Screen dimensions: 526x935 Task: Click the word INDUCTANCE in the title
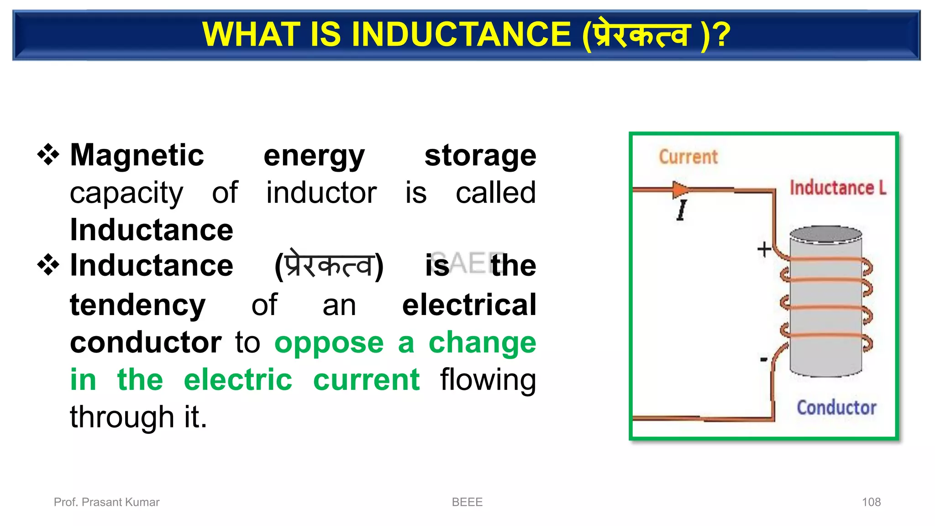[x=461, y=35]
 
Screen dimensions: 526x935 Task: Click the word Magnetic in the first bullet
[x=137, y=155]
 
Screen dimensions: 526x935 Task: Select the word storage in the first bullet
[x=480, y=155]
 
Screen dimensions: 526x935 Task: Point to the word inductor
[x=321, y=193]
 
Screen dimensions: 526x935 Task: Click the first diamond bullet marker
[x=48, y=154]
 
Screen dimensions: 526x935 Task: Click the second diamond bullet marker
[x=48, y=265]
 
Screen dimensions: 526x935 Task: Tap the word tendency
[x=137, y=305]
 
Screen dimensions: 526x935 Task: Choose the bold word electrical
[x=469, y=305]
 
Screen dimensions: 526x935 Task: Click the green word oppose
[x=329, y=342]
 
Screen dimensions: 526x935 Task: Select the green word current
[x=366, y=380]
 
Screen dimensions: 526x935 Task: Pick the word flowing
[x=488, y=380]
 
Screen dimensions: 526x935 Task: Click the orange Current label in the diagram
[x=688, y=157]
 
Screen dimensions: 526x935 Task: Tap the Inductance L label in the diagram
[x=838, y=188]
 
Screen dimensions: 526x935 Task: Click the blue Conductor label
[x=836, y=407]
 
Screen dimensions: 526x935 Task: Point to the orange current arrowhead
[x=680, y=189]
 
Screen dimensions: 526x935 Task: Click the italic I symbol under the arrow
[x=682, y=210]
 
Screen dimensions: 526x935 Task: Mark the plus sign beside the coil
[x=764, y=249]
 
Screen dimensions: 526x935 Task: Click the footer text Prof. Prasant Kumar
[x=106, y=502]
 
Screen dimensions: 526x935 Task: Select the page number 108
[x=871, y=502]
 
